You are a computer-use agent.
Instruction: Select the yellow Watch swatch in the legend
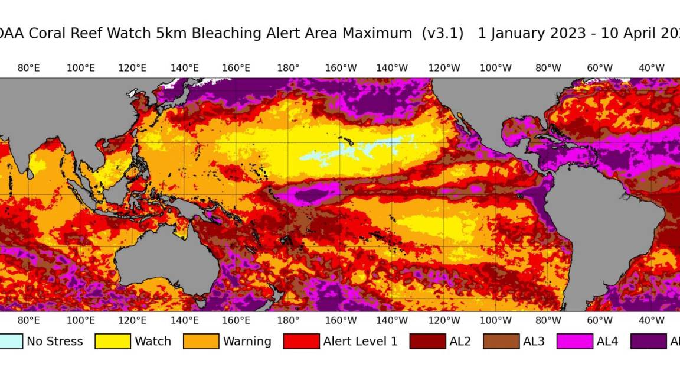coord(112,341)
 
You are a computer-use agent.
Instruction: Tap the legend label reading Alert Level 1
coord(360,341)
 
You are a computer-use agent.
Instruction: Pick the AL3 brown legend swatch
coord(501,341)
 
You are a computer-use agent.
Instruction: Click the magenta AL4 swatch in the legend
coord(574,341)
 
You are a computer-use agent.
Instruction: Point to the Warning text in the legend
coord(247,341)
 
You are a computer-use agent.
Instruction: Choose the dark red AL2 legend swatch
coord(427,341)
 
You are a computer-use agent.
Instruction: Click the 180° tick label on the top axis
coord(288,67)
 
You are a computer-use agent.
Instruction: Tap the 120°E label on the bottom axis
coord(132,320)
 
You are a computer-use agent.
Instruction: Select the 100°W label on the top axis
coord(495,67)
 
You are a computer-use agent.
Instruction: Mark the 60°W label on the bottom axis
coord(599,320)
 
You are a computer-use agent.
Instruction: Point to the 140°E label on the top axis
coord(184,67)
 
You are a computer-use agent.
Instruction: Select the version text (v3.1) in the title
coord(443,33)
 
